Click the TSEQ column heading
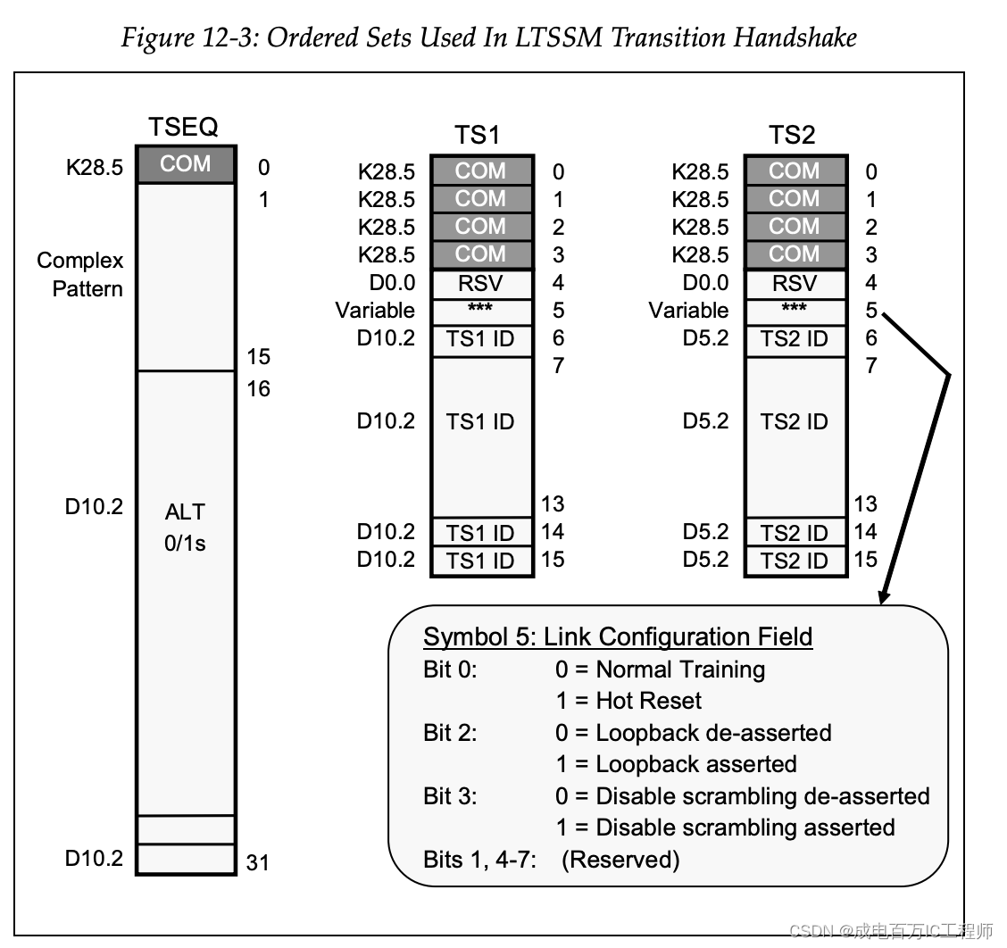pos(184,127)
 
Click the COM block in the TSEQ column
pos(186,164)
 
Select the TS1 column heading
pos(477,136)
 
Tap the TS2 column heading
pos(792,136)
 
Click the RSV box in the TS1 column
pos(481,284)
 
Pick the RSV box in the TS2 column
pos(794,284)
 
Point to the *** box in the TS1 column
pos(481,311)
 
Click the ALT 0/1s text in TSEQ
pos(185,527)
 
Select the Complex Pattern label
pos(80,274)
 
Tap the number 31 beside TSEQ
pos(257,862)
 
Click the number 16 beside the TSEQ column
pos(258,388)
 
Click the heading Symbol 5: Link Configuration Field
pos(618,636)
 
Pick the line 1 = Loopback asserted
pos(676,764)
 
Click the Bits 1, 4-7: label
pos(479,860)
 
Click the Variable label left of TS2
pos(687,311)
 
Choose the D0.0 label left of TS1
pos(390,283)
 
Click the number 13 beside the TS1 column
pos(552,504)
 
